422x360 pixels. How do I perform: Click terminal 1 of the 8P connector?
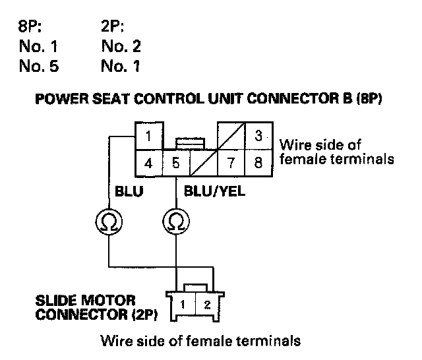149,138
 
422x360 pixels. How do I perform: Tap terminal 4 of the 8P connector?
149,163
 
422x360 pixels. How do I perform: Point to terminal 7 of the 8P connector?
231,163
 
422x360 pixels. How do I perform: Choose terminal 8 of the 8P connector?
258,163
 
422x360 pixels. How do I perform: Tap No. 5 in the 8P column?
39,66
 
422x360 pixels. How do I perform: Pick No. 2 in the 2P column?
121,47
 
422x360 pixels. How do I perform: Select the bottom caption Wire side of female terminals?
200,342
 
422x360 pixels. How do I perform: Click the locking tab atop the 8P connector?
192,142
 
